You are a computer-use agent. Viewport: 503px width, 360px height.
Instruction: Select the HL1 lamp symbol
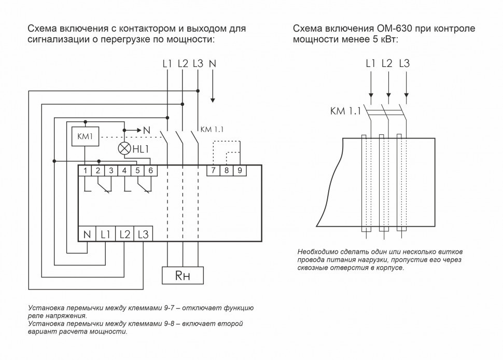pos(124,148)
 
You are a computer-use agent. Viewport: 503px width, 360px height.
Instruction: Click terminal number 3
pos(111,170)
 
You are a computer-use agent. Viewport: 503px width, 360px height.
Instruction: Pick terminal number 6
pos(150,170)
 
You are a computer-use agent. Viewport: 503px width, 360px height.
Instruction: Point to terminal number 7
pos(213,170)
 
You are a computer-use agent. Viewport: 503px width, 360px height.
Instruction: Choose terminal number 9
pos(240,170)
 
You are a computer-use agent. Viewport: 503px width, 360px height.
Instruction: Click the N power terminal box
pos(87,234)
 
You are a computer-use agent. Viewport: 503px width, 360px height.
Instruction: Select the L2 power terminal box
pos(124,234)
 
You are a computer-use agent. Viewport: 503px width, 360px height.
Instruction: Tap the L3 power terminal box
pos(143,234)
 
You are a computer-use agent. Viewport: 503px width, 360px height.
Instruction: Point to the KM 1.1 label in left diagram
pos(211,129)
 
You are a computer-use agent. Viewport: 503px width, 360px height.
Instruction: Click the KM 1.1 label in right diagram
pos(345,110)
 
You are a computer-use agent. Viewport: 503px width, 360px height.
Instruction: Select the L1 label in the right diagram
pos(370,64)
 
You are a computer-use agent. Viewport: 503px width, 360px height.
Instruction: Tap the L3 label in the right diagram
pos(404,64)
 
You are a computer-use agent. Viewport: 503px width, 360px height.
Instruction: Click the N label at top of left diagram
pos(212,64)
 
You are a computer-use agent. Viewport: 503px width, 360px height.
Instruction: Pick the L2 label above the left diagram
pos(183,64)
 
